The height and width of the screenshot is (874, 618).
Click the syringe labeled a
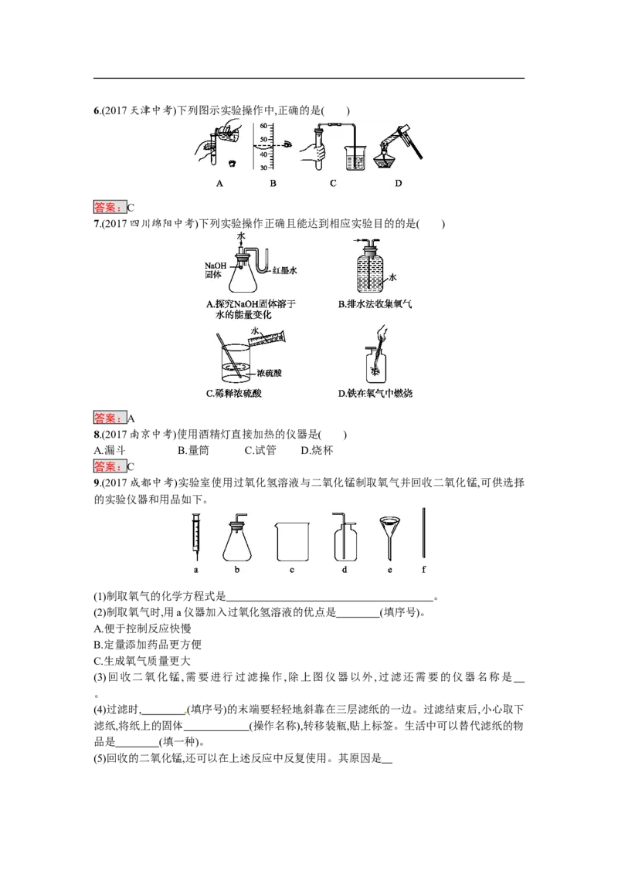pos(195,537)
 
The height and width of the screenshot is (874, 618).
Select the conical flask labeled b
pos(237,537)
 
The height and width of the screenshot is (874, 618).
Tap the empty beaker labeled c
pos(292,541)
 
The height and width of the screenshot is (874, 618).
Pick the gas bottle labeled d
pos(344,537)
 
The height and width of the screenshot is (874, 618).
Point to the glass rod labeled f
pos(424,532)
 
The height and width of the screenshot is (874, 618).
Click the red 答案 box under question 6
pos(110,208)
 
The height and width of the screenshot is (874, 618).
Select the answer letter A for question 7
pos(131,418)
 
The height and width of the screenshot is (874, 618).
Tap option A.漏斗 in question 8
pos(110,450)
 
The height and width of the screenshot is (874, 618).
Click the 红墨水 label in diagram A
pos(284,270)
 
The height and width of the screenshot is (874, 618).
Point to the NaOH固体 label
pos(216,269)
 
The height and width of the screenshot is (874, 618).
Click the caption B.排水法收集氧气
pos(375,304)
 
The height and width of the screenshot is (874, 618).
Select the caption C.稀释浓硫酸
pos(234,394)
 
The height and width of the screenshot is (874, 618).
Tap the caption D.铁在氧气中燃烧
pos(375,394)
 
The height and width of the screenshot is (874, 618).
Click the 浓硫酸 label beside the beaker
pos(270,373)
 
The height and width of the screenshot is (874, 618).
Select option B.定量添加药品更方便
pos(148,645)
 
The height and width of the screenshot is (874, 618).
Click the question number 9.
pos(97,483)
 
